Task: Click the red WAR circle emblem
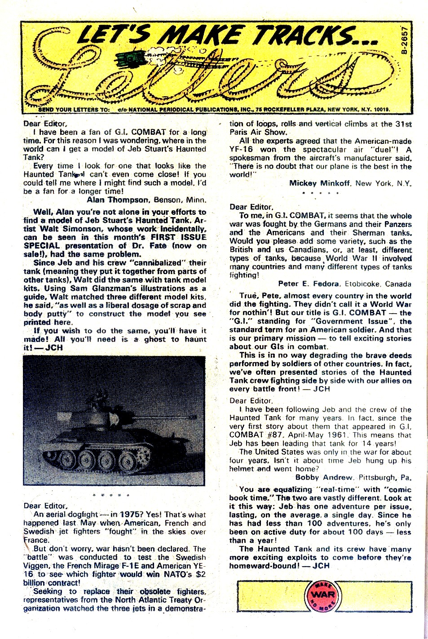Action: [322, 595]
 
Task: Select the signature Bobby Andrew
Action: [324, 477]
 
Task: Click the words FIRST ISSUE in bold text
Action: [178, 237]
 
